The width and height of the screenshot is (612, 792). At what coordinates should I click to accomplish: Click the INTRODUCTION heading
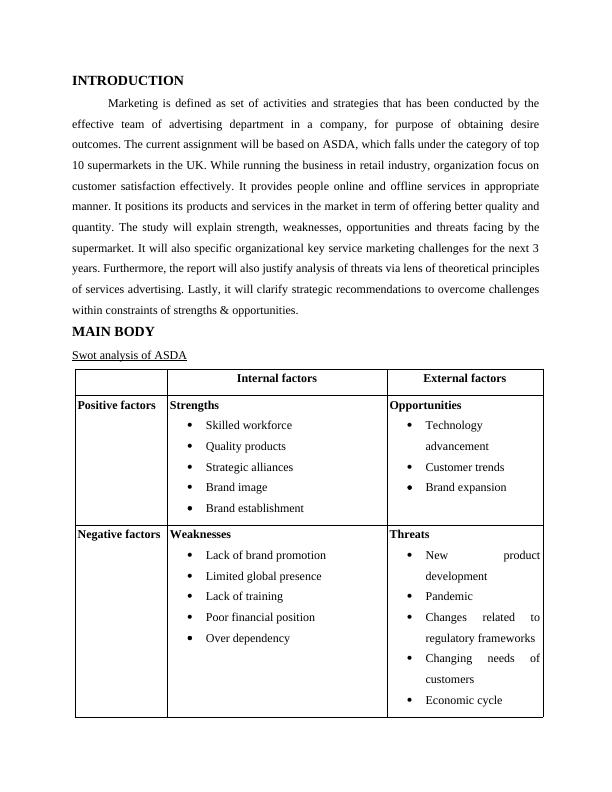pyautogui.click(x=128, y=81)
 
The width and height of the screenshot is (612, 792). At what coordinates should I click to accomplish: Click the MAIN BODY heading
pyautogui.click(x=113, y=332)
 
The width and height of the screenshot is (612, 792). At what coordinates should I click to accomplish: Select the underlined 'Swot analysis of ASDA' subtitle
pyautogui.click(x=129, y=355)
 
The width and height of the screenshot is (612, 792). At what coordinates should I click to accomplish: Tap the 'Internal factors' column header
pyautogui.click(x=276, y=379)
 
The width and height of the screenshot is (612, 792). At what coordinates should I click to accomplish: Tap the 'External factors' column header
pyautogui.click(x=464, y=379)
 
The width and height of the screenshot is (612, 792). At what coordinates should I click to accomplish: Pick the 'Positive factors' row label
pyautogui.click(x=116, y=405)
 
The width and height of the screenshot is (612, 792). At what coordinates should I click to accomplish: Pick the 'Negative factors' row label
pyautogui.click(x=118, y=534)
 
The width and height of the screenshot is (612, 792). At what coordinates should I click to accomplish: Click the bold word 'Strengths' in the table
pyautogui.click(x=194, y=405)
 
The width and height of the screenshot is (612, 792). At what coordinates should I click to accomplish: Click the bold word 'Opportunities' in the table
pyautogui.click(x=425, y=405)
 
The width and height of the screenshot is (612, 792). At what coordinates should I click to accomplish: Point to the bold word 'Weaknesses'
pyautogui.click(x=200, y=534)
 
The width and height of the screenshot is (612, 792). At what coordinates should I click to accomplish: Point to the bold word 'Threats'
pyautogui.click(x=409, y=534)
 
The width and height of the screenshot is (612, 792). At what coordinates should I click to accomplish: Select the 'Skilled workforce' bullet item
pyautogui.click(x=249, y=425)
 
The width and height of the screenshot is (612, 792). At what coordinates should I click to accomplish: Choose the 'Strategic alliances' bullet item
pyautogui.click(x=249, y=467)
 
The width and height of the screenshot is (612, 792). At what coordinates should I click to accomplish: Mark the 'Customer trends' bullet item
pyautogui.click(x=464, y=467)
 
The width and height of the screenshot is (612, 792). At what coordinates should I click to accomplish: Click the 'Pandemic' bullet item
pyautogui.click(x=449, y=596)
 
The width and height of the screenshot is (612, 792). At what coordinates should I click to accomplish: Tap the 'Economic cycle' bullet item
pyautogui.click(x=463, y=700)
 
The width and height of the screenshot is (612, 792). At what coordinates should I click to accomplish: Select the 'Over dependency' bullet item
pyautogui.click(x=247, y=638)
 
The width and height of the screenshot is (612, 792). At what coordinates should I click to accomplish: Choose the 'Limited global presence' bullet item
pyautogui.click(x=263, y=576)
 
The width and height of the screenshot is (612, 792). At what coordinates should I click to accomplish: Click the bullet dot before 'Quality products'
pyautogui.click(x=190, y=446)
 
